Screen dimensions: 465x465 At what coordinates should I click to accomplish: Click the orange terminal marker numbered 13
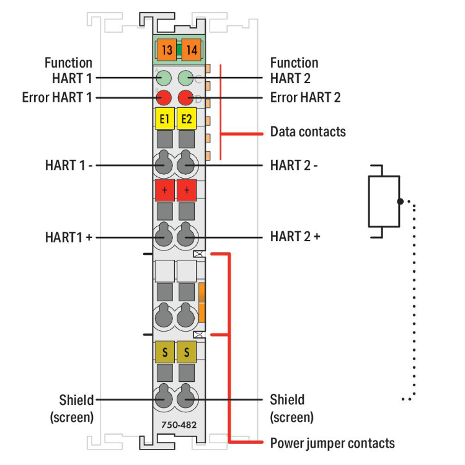[x=166, y=50]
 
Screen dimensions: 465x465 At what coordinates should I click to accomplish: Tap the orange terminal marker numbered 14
[x=191, y=50]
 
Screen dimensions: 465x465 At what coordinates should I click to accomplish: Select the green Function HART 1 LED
[x=164, y=78]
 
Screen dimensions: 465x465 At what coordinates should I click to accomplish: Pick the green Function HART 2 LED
[x=186, y=78]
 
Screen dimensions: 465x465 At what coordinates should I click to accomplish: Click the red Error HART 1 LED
[x=164, y=97]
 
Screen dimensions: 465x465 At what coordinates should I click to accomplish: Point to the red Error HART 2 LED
[x=186, y=97]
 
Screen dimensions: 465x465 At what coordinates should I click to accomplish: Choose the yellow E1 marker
[x=164, y=118]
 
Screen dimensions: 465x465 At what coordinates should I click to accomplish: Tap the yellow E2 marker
[x=186, y=118]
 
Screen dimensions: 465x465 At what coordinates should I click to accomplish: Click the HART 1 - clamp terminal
[x=164, y=165]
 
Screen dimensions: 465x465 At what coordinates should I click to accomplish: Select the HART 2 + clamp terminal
[x=186, y=236]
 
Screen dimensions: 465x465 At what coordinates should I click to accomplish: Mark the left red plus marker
[x=164, y=190]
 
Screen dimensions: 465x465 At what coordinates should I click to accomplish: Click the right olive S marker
[x=186, y=353]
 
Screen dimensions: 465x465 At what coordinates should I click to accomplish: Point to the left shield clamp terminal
[x=164, y=399]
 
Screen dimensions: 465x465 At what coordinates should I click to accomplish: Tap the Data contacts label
[x=308, y=131]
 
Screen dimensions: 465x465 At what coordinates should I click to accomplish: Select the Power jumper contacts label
[x=332, y=443]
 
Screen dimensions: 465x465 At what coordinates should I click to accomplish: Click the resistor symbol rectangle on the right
[x=384, y=201]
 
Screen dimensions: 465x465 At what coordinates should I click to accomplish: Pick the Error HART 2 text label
[x=305, y=97]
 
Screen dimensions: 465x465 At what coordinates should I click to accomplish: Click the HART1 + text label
[x=69, y=236]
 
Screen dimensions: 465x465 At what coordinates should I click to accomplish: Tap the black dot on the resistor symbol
[x=401, y=201]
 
